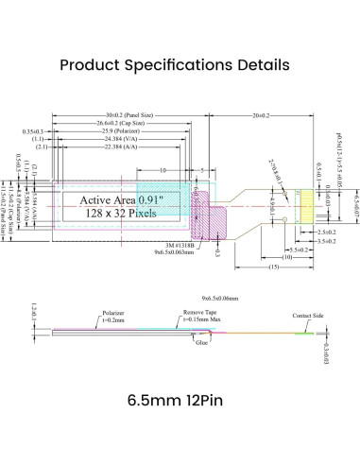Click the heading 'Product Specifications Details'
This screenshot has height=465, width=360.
[180, 65]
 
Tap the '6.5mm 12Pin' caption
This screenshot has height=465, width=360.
[180, 400]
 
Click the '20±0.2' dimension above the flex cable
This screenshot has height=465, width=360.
[263, 113]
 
